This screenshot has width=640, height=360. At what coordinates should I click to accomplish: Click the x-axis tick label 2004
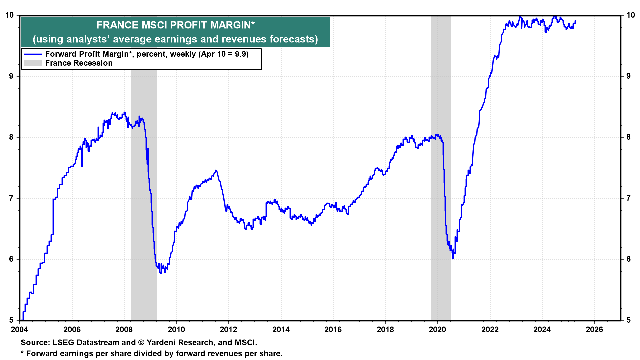(x=20, y=330)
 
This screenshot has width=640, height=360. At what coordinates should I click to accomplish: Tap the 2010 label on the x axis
(x=176, y=330)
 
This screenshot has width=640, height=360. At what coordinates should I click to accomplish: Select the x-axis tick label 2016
(x=333, y=330)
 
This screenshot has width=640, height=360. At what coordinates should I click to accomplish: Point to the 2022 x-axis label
(x=490, y=330)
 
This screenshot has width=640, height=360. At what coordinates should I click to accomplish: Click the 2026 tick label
(x=594, y=330)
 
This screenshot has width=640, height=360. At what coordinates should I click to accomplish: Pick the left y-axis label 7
(x=12, y=198)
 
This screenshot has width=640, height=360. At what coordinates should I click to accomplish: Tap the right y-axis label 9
(x=628, y=76)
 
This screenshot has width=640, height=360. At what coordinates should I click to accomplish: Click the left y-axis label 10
(x=10, y=15)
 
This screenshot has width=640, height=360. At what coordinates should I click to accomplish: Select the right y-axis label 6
(x=628, y=259)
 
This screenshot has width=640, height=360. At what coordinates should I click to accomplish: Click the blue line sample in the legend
(x=33, y=54)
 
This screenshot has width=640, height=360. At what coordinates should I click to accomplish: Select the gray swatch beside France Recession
(x=33, y=63)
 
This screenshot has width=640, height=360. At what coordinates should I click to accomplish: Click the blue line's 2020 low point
(x=453, y=258)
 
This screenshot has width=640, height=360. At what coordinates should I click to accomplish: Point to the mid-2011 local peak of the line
(x=216, y=171)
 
